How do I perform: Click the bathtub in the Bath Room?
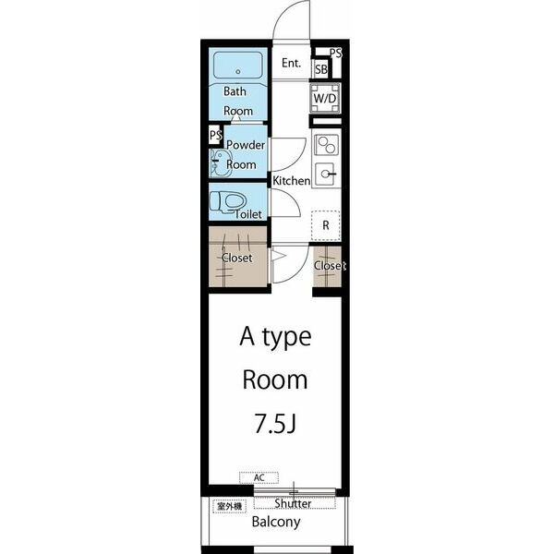coord(238,65)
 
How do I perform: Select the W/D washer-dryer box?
coord(325,98)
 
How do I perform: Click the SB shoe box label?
coord(321,69)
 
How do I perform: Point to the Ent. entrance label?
coord(291,63)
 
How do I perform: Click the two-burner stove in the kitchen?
coord(327,145)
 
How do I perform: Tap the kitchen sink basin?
coord(325,174)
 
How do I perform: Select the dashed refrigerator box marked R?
coord(326,225)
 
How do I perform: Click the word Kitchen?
coord(292,181)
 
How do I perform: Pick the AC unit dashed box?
coord(259,477)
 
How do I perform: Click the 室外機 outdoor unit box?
coord(229,506)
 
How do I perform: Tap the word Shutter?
coord(293,503)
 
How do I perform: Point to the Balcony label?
coord(276,522)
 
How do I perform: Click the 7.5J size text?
coord(275,423)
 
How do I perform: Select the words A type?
coord(275,337)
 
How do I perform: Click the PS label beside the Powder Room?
coord(215,135)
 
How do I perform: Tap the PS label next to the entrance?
coord(336,53)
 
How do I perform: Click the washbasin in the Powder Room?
coord(220,163)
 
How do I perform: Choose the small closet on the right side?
coord(328,266)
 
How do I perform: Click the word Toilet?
coord(248,214)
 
